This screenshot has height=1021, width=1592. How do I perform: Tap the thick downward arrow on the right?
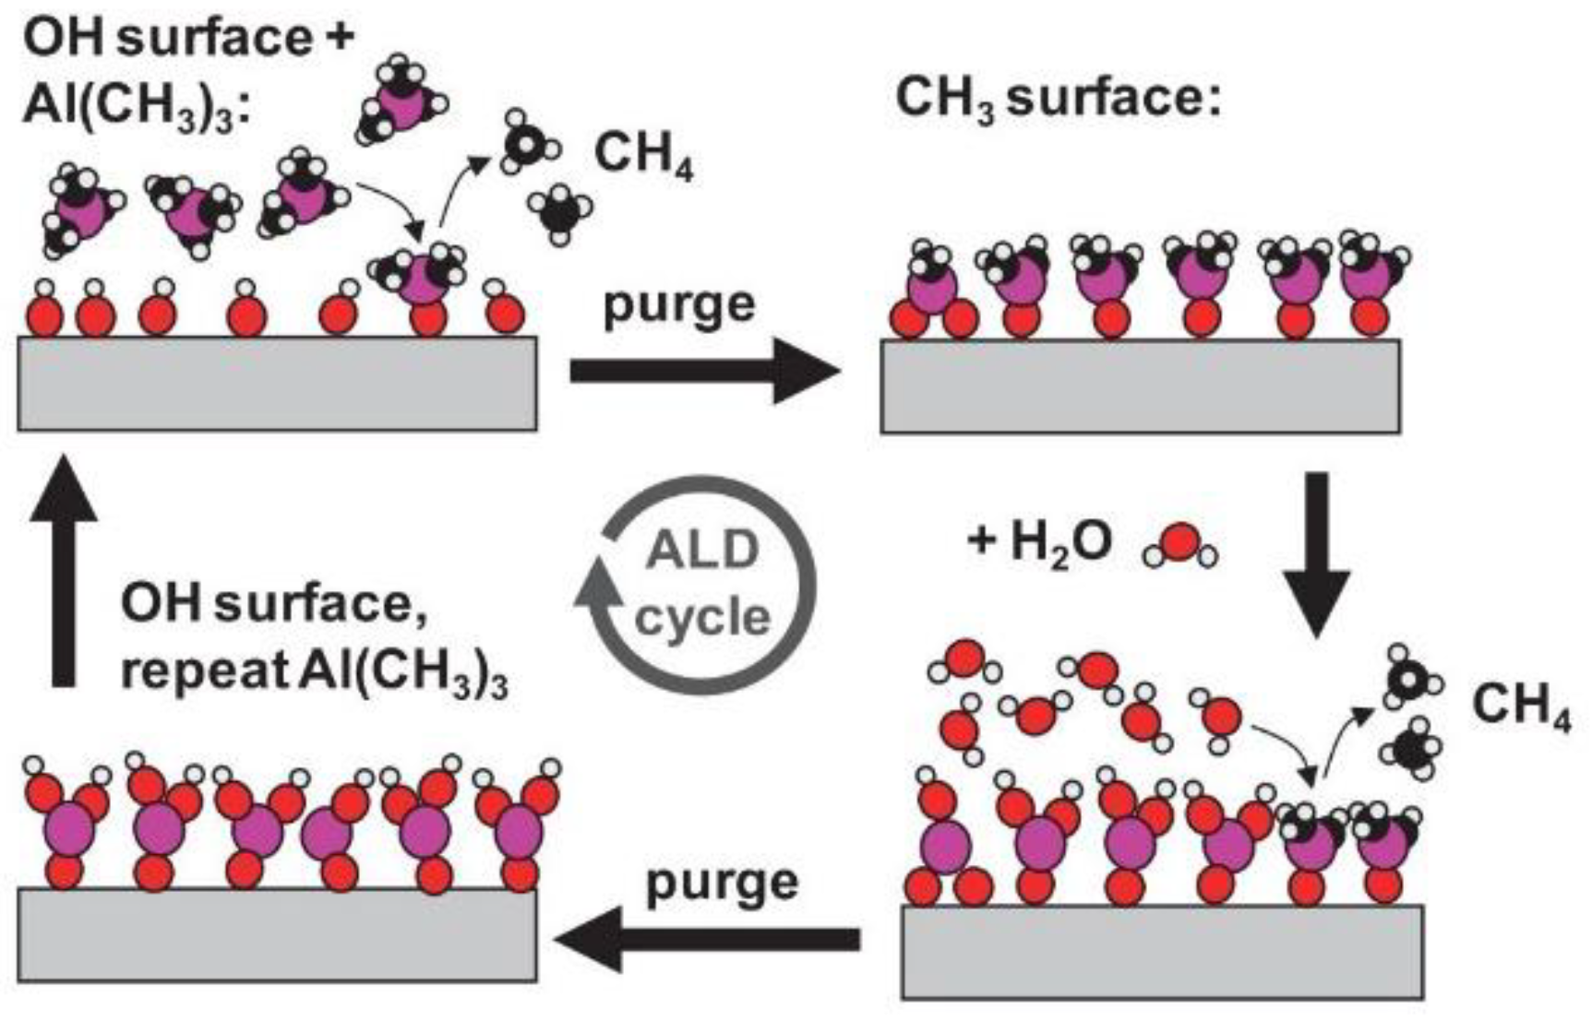(x=1317, y=553)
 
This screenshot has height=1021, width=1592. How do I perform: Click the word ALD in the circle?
(x=702, y=551)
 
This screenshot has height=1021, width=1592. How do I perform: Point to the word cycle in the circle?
(x=702, y=617)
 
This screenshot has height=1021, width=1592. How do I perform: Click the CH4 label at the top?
(x=643, y=153)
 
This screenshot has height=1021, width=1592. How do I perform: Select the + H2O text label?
(x=1039, y=541)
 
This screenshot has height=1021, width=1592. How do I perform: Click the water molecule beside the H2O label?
(x=1180, y=545)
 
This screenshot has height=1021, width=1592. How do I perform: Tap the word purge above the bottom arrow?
(x=722, y=883)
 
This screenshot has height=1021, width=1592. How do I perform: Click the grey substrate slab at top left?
(x=277, y=384)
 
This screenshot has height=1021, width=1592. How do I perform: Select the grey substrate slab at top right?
(x=1140, y=386)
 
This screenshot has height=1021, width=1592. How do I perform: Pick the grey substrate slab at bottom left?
(x=277, y=933)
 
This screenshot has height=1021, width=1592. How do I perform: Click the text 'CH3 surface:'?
(x=1058, y=98)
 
